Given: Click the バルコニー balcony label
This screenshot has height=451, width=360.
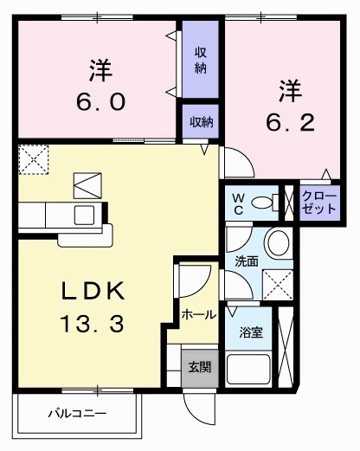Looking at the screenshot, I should pos(77,414).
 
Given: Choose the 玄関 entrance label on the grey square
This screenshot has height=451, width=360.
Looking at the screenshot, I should pos(199,366).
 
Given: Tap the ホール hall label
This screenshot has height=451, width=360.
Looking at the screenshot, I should pos(199,316).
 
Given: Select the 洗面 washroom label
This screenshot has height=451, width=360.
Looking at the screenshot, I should pos(246,260).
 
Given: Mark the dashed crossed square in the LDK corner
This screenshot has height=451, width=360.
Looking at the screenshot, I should pos(35,160).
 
